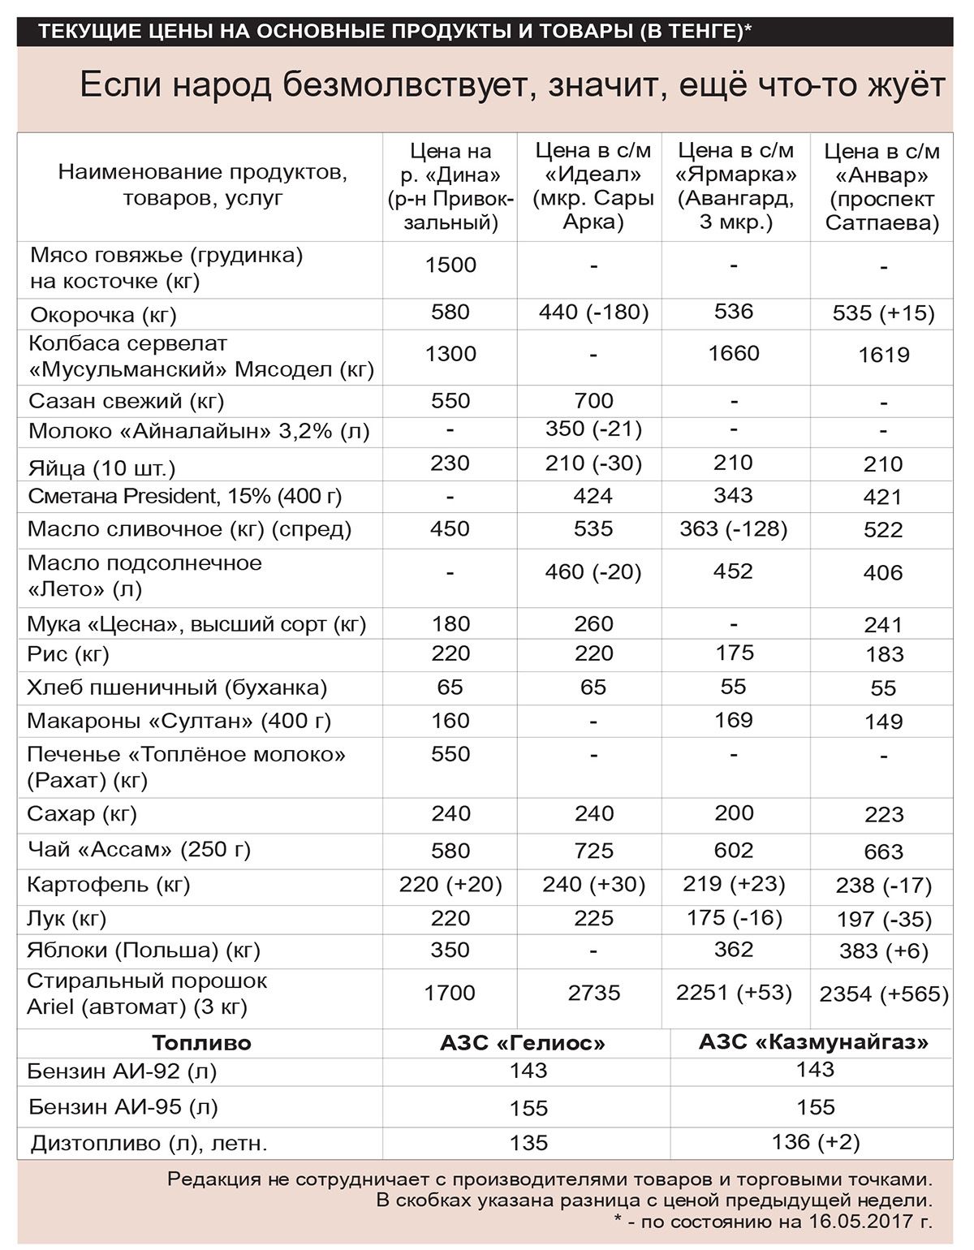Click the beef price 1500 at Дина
[x=450, y=265]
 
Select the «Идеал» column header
[x=593, y=186]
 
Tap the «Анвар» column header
[x=882, y=187]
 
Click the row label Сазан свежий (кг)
[x=126, y=401]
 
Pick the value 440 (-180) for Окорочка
[x=593, y=312]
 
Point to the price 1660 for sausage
[x=733, y=353]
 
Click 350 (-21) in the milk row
[x=593, y=429]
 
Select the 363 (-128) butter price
[x=733, y=528]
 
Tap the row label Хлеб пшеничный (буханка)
[x=177, y=687]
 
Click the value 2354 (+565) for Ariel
[x=883, y=994]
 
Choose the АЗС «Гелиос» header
[x=523, y=1043]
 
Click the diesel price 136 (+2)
[x=815, y=1141]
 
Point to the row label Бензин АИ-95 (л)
[x=123, y=1106]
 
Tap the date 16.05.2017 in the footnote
[x=861, y=1221]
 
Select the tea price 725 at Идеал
[x=593, y=851]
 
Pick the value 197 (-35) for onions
[x=883, y=920]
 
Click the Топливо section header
[x=201, y=1043]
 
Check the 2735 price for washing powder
[x=593, y=993]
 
